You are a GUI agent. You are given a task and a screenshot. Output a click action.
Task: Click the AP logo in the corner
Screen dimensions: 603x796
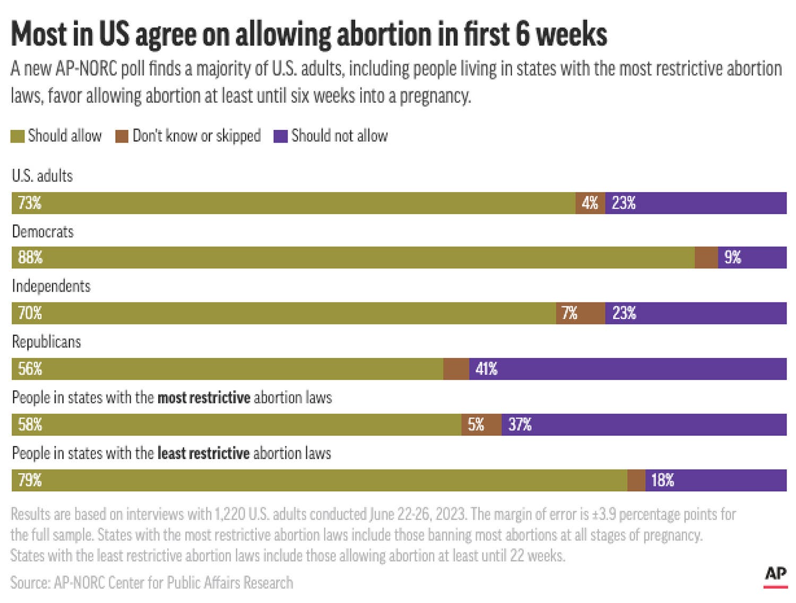click(775, 575)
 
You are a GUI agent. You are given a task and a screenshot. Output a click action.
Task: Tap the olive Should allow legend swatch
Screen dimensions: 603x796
click(17, 137)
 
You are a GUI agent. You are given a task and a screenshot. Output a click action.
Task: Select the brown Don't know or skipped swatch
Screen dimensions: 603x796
click(122, 137)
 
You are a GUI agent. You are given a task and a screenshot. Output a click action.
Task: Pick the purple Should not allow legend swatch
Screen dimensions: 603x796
click(280, 137)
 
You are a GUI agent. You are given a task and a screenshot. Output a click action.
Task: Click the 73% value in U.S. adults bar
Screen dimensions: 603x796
click(30, 203)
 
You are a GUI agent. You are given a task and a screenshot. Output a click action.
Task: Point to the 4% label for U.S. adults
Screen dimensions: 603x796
click(590, 203)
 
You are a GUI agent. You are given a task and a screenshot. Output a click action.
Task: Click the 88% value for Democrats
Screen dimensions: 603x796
click(30, 258)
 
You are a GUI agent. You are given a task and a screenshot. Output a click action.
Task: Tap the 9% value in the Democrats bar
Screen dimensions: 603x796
click(732, 258)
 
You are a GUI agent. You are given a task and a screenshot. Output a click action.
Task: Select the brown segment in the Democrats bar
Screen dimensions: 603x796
click(706, 258)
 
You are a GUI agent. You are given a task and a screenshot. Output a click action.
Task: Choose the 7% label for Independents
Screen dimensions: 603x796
click(569, 313)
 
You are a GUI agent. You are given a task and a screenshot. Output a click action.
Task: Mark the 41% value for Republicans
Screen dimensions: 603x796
click(486, 369)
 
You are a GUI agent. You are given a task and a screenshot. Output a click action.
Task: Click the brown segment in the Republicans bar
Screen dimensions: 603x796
click(456, 369)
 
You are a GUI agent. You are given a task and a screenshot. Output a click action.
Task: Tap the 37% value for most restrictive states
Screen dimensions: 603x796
click(520, 425)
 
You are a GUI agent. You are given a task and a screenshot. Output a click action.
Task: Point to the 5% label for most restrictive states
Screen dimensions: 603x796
click(476, 425)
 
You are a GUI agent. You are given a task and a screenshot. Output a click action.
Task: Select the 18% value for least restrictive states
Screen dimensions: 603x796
click(662, 480)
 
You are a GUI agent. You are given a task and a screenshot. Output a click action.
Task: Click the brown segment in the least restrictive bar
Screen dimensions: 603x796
click(636, 480)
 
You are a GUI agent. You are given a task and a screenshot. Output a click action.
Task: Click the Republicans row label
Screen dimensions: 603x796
click(47, 342)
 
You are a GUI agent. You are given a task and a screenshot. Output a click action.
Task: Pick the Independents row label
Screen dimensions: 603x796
click(51, 286)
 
